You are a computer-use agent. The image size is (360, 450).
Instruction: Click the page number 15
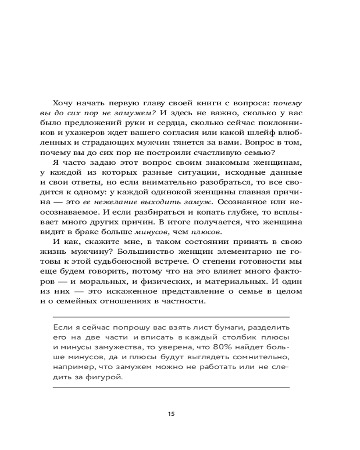click(171, 414)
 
